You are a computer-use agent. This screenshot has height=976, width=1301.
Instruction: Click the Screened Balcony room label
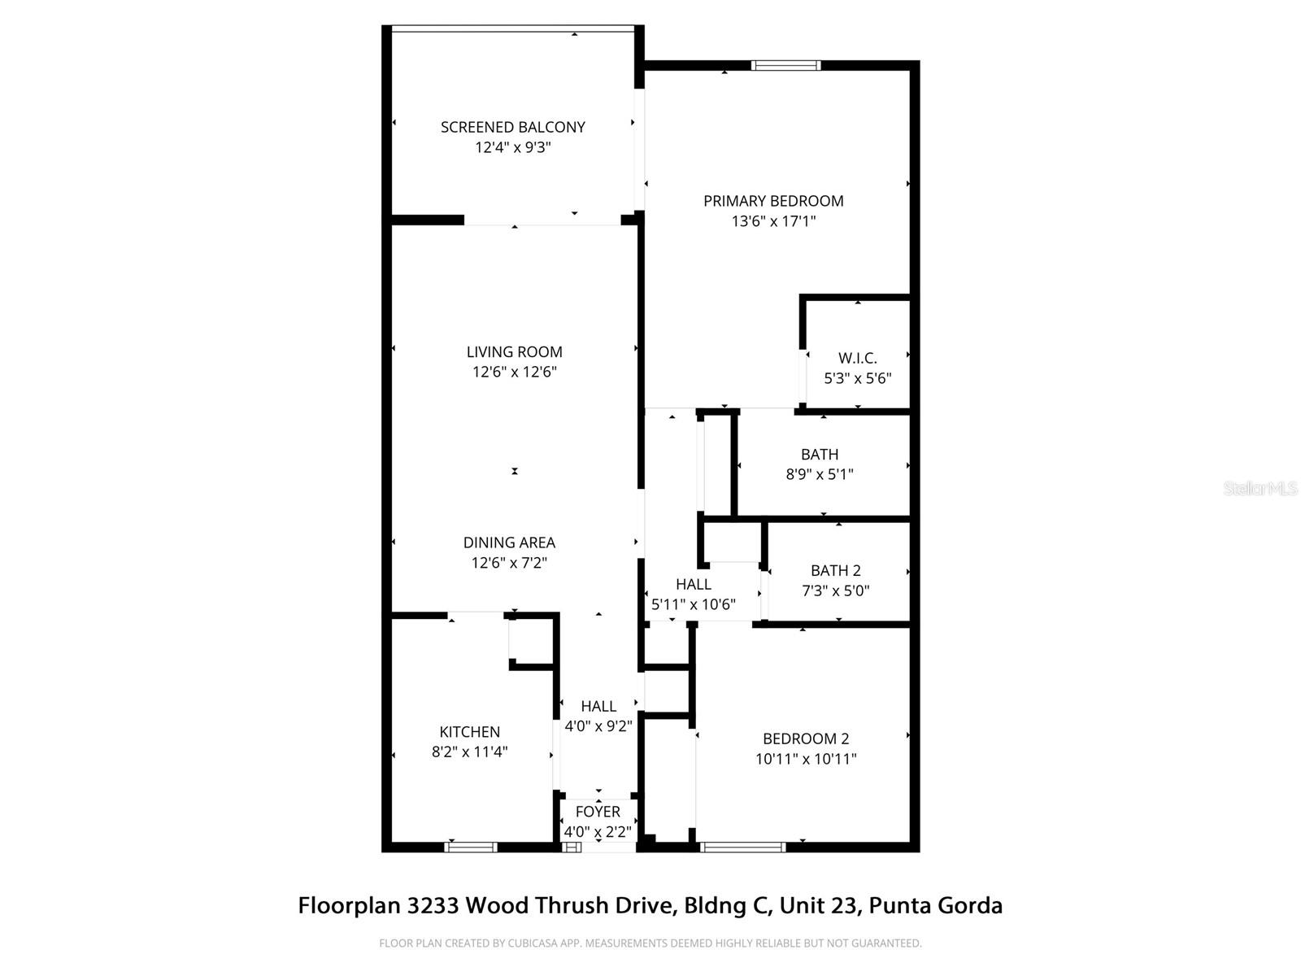click(512, 127)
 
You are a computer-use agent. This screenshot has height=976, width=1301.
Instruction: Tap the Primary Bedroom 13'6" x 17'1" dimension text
click(773, 221)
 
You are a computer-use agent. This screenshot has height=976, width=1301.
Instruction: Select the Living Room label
click(514, 352)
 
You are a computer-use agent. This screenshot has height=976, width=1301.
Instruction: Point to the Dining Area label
click(509, 542)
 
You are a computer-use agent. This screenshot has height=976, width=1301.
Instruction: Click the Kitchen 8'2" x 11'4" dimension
click(469, 752)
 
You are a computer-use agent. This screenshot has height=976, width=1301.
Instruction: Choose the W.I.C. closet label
click(858, 358)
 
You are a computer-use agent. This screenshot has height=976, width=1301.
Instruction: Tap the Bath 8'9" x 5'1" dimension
click(819, 474)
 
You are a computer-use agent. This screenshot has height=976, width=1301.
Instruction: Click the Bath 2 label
click(835, 571)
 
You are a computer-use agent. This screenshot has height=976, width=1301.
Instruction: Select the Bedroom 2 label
click(806, 739)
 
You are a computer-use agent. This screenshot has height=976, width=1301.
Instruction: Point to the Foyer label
click(598, 812)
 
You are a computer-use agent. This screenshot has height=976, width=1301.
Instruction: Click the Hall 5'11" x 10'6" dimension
click(694, 604)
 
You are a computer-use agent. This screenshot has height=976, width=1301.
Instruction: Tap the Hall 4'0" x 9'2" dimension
click(598, 726)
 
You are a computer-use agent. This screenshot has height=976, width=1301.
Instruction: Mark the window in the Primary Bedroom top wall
click(785, 66)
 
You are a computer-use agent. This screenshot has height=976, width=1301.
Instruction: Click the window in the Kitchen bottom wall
click(471, 847)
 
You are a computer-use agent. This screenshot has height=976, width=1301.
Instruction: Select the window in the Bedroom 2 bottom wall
click(743, 847)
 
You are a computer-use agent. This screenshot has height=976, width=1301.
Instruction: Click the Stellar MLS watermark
click(1260, 488)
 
